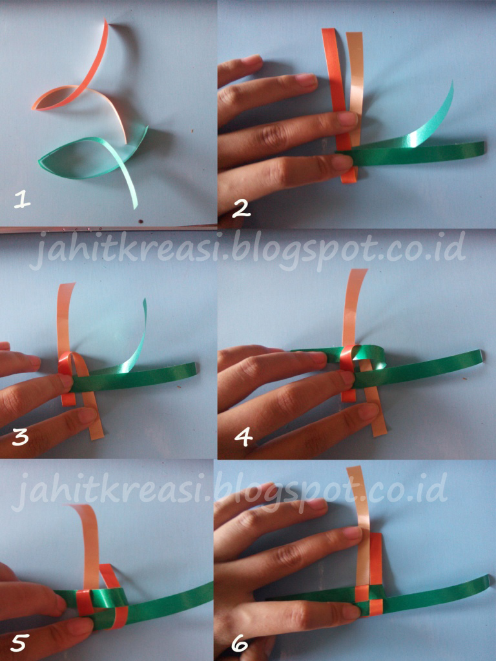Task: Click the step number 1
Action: pos(22,199)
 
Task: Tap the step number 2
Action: pos(242,208)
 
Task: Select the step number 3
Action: pos(20,436)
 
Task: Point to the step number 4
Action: pos(243,436)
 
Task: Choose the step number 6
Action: pos(240,644)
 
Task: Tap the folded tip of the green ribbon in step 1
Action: pos(41,160)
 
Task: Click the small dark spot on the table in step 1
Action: pos(141,220)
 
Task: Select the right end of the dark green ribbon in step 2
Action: pos(483,148)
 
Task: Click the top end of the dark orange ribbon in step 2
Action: pos(329,30)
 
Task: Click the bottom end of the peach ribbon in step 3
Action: pos(97,436)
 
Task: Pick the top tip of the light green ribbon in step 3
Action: pos(145,301)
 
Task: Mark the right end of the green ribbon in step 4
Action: pos(480,356)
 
